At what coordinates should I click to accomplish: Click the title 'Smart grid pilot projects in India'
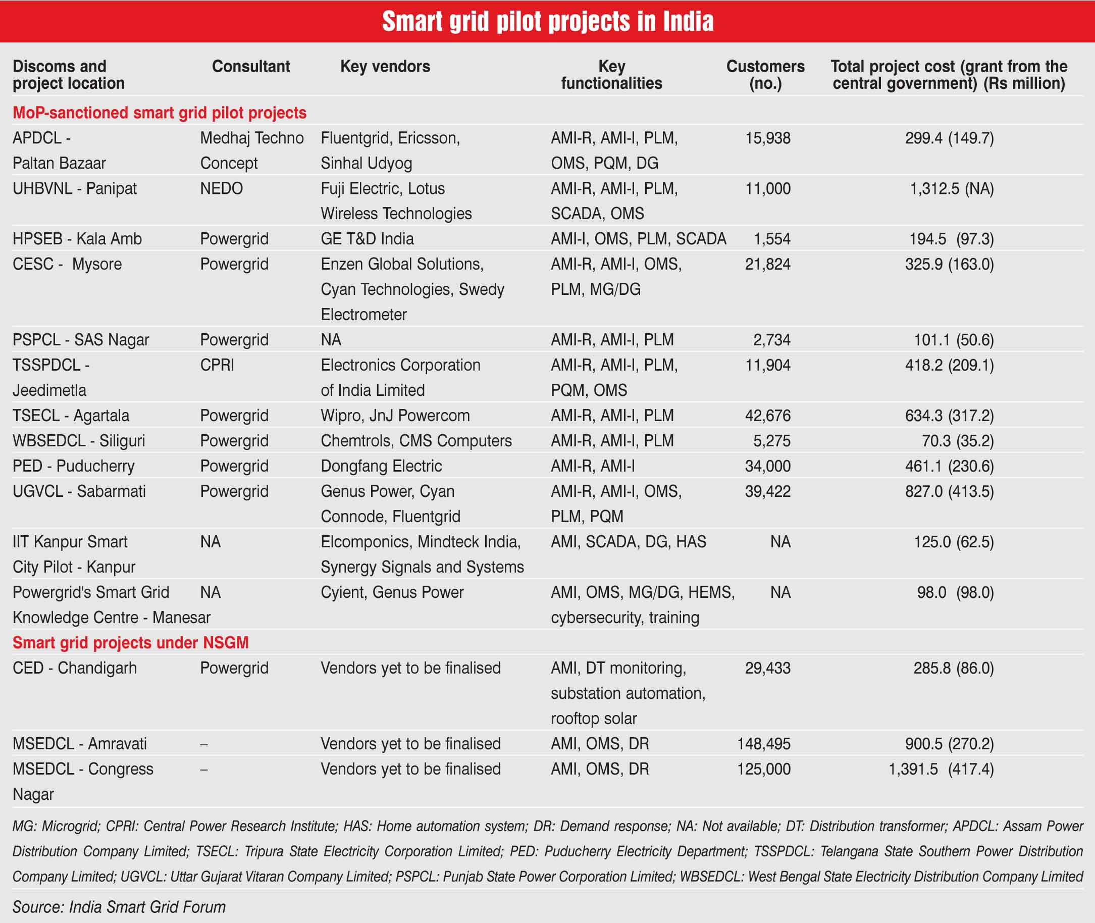tap(547, 21)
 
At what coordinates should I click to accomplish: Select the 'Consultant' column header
tap(250, 67)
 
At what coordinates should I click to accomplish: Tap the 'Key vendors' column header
tap(385, 67)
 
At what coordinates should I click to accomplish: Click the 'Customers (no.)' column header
tap(765, 74)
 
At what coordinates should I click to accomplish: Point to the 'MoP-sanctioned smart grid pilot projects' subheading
tap(160, 113)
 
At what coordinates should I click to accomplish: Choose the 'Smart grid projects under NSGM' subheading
tap(131, 643)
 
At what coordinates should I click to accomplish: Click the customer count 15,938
tap(767, 138)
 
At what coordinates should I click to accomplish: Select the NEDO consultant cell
tap(221, 188)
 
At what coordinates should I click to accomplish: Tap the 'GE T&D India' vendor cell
tap(367, 239)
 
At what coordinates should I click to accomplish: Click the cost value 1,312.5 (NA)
tap(951, 188)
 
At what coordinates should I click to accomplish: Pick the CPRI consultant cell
tap(217, 365)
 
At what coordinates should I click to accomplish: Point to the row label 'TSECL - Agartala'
tap(71, 416)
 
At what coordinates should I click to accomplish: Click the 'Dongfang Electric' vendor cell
tap(381, 466)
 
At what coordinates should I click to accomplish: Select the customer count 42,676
tap(767, 416)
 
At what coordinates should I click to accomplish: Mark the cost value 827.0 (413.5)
tap(949, 491)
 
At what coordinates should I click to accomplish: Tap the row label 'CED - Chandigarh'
tap(74, 668)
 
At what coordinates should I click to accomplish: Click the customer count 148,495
tap(763, 744)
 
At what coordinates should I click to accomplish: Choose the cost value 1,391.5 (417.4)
tap(941, 769)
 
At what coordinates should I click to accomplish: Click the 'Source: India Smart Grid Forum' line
tap(119, 907)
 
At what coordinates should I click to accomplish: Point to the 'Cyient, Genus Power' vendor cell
tap(392, 592)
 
